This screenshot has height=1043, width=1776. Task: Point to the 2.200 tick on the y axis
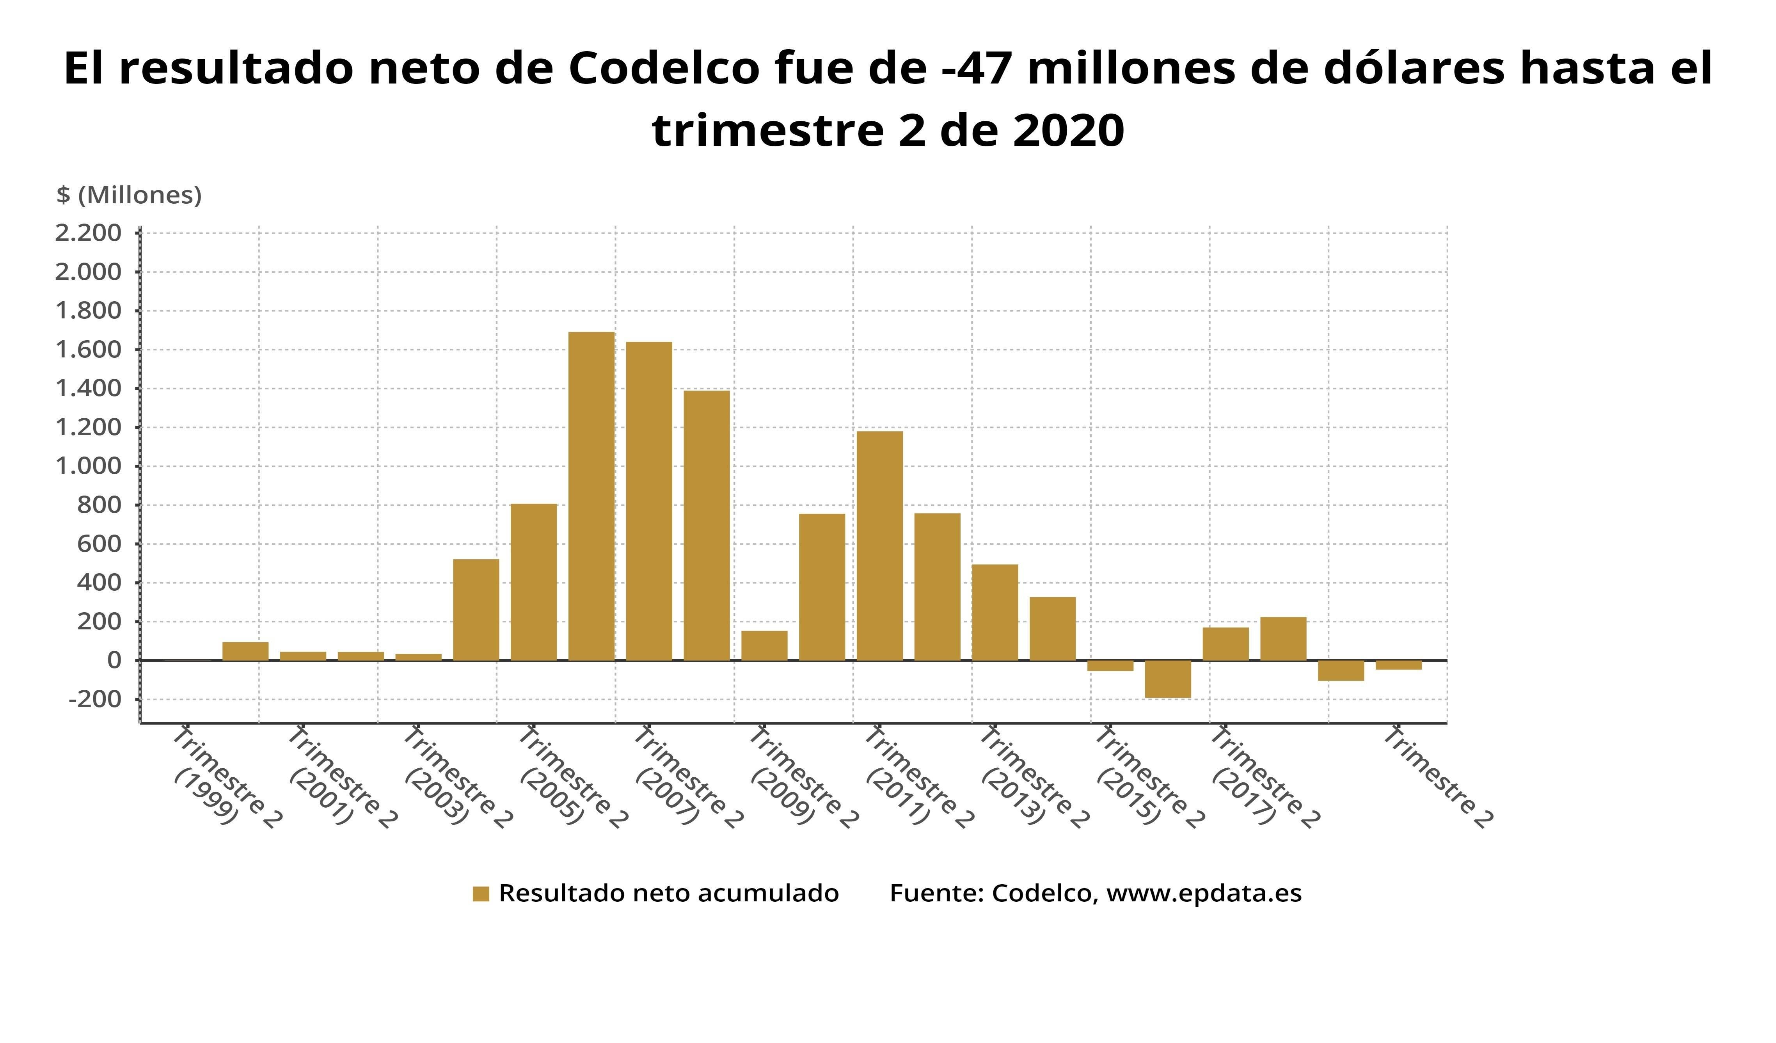click(x=88, y=233)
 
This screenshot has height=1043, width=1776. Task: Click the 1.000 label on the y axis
click(x=88, y=466)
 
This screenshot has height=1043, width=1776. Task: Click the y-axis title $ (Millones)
click(x=129, y=195)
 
